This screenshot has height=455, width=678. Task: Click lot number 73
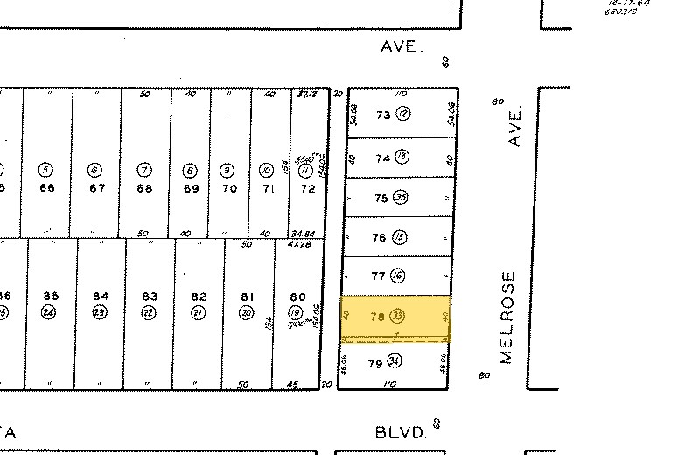point(382,115)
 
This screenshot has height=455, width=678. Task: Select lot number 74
point(382,158)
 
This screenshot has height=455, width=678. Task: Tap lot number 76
point(379,237)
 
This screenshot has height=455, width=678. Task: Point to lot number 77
point(379,276)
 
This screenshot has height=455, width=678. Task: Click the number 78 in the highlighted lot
point(378,317)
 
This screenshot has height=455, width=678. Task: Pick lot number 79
point(374,361)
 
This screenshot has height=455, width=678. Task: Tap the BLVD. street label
point(401,431)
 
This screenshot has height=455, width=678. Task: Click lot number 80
point(297,296)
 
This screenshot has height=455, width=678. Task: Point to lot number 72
point(307,188)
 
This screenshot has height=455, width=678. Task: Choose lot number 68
point(144,188)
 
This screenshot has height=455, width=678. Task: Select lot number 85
point(51,296)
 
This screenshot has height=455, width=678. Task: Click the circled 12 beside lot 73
point(402,115)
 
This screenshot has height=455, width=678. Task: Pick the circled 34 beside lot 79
point(395,361)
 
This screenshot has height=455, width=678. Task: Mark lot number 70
point(229,188)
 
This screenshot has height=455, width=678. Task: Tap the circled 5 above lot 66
point(46,170)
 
